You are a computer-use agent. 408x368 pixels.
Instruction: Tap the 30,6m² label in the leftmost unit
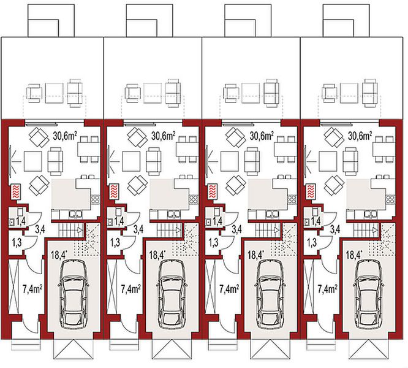[x=65, y=136]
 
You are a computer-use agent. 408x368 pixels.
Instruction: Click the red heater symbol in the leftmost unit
[x=17, y=191]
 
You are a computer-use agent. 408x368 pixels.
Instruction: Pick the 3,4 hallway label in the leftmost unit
[x=41, y=229]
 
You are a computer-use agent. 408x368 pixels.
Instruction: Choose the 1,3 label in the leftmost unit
[x=17, y=242]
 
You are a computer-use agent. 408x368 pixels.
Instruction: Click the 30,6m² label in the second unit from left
[x=164, y=136]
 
